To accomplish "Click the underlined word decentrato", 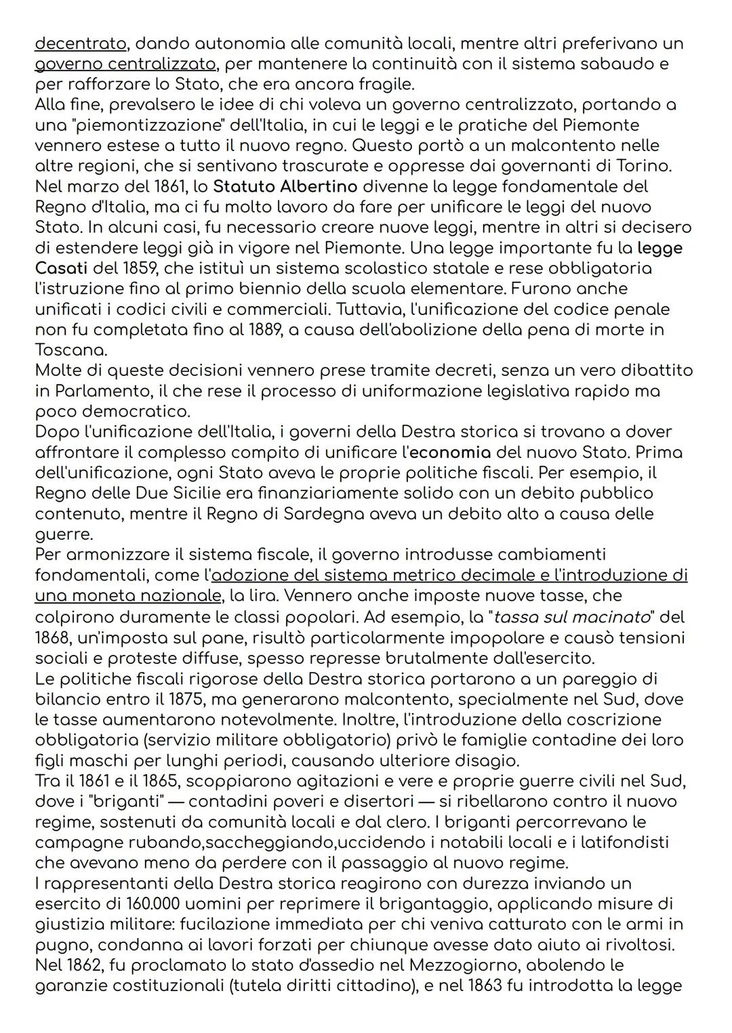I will coord(80,44).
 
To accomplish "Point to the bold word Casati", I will coord(65,268).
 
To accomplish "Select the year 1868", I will coord(53,638).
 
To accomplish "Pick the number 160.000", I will coord(157,904).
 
